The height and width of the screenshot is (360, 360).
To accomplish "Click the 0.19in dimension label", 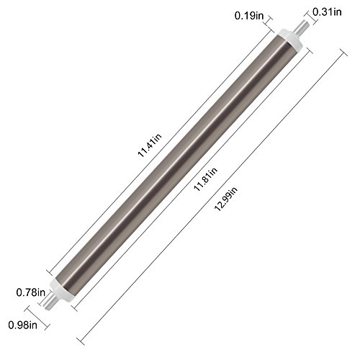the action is [x=249, y=16].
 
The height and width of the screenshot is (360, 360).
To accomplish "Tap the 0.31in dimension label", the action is [x=327, y=12].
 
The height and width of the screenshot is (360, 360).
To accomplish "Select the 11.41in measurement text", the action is [x=150, y=145].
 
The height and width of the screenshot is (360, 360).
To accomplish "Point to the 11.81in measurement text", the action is [x=206, y=179].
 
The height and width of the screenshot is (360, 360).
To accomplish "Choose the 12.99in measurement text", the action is [x=225, y=199].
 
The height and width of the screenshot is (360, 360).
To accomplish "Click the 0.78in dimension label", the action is [x=31, y=292].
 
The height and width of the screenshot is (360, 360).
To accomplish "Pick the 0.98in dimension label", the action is [x=23, y=325].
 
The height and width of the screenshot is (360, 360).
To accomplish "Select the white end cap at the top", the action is [x=290, y=39].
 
